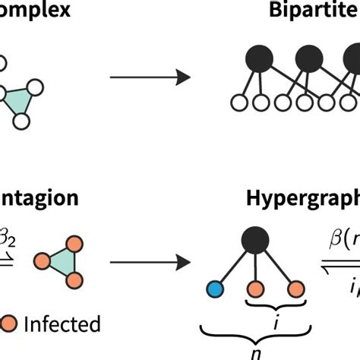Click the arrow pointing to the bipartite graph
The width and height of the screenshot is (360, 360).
(149, 77)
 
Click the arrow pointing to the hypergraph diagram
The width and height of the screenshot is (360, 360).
(149, 264)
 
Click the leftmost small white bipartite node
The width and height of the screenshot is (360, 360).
(237, 102)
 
